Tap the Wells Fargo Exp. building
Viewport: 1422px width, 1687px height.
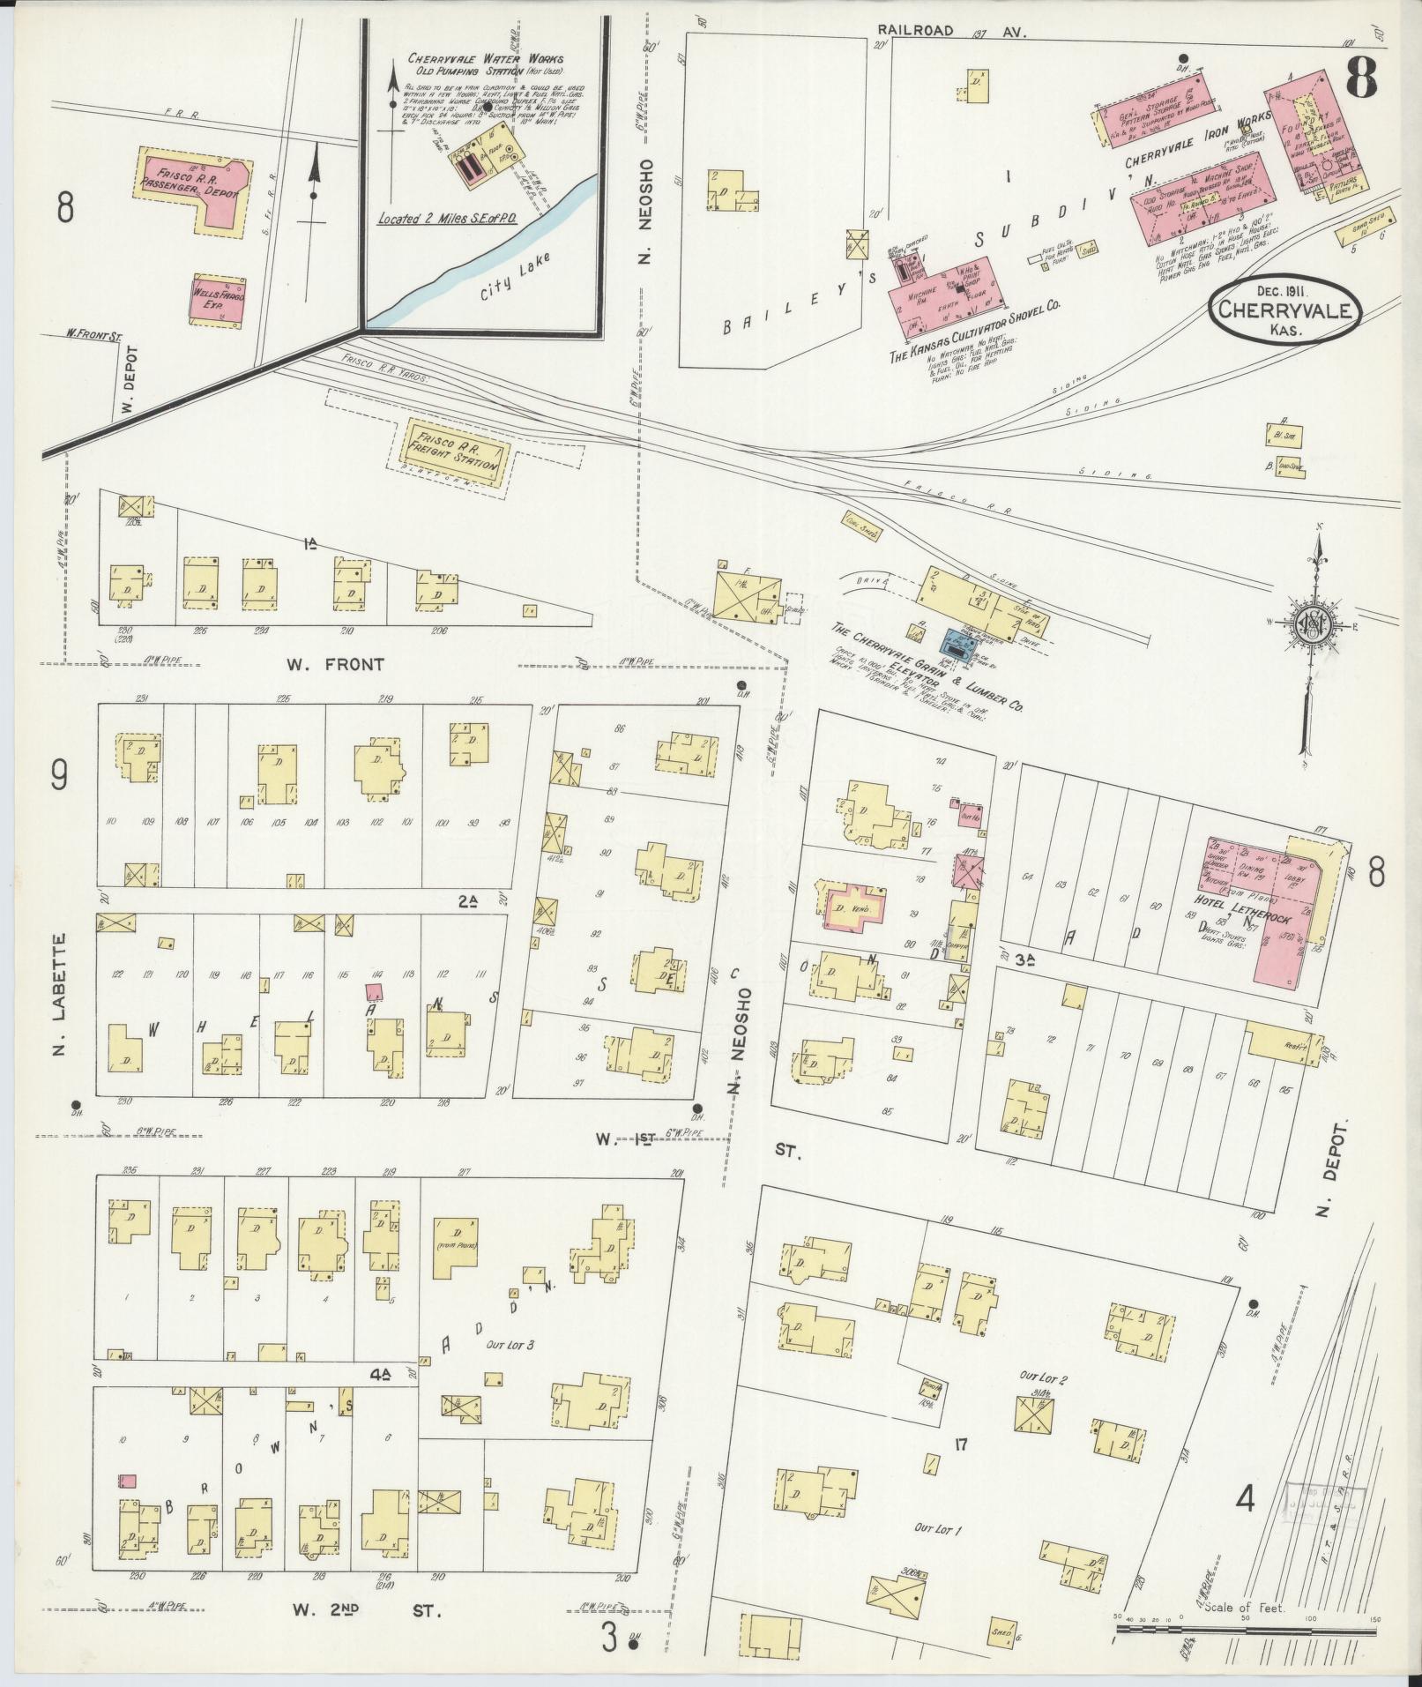(x=217, y=299)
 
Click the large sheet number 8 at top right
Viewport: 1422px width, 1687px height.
(x=1361, y=80)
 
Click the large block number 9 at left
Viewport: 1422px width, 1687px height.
(x=60, y=776)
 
